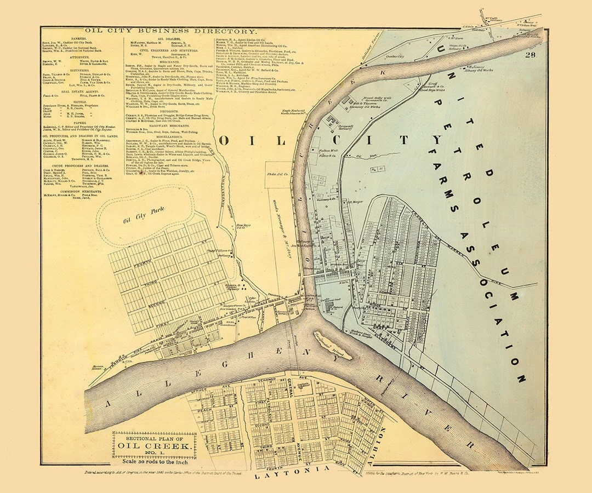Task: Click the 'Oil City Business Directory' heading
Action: [170, 32]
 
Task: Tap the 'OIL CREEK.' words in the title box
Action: [156, 446]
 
